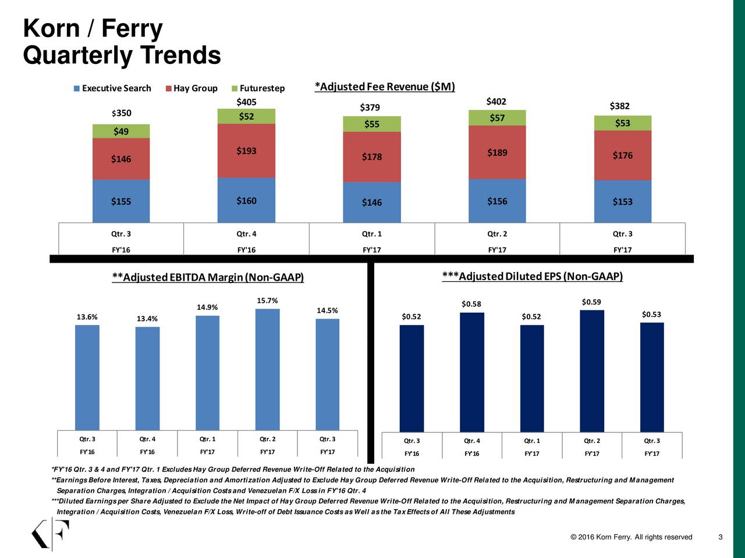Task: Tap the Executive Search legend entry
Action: point(116,88)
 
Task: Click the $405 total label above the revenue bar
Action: point(246,102)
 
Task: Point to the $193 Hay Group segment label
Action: point(246,151)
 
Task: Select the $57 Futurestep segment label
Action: point(497,118)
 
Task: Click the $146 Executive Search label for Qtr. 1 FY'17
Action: point(372,202)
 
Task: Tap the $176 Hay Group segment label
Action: point(622,155)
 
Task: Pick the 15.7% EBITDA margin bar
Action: point(267,369)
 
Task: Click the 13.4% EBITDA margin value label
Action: point(147,319)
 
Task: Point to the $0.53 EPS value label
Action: point(651,314)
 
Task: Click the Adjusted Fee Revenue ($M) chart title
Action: point(384,87)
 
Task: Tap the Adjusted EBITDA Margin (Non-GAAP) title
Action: point(208,277)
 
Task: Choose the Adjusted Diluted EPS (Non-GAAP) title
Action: point(532,276)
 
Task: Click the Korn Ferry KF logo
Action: point(50,534)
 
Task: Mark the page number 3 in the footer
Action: point(721,536)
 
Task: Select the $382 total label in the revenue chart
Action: point(619,106)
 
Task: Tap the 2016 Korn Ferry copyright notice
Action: point(632,536)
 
